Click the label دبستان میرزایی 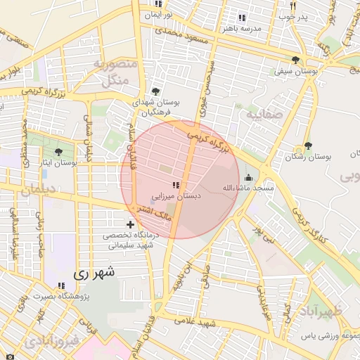[177, 196]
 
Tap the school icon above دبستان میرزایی [175, 185]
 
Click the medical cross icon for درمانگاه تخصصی [130, 224]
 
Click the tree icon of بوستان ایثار [58, 151]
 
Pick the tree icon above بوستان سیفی [295, 60]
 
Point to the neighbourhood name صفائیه [264, 112]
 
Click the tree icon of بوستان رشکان [308, 146]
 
